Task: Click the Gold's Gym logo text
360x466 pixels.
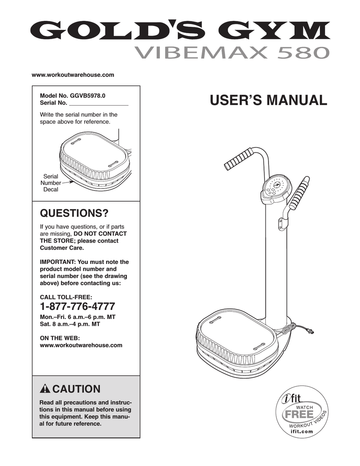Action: (180, 31)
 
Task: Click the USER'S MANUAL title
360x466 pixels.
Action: (268, 100)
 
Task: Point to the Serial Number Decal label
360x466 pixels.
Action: (51, 182)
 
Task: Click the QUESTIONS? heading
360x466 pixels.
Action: (74, 213)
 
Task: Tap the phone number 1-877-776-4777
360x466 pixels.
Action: (77, 306)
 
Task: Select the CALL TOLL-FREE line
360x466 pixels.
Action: (66, 296)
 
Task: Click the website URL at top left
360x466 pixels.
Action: (72, 74)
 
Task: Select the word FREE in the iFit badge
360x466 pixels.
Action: (299, 415)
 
